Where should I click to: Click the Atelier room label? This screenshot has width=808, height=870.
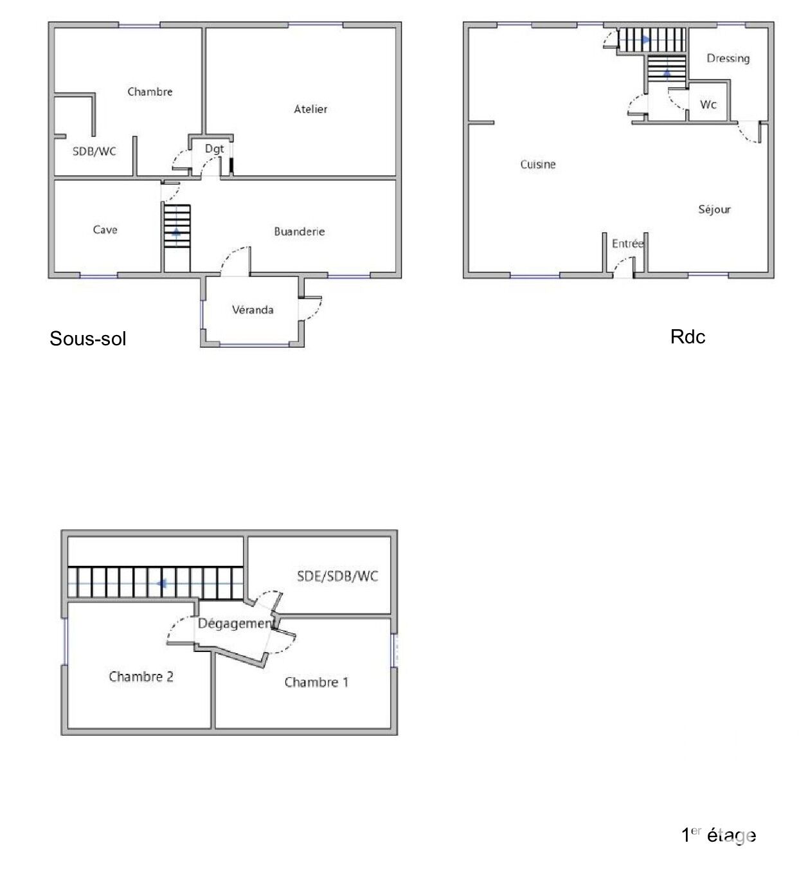click(310, 109)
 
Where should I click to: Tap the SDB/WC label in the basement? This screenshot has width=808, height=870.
click(94, 151)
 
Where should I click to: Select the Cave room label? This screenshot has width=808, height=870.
click(105, 230)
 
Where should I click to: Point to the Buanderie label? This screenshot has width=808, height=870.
click(299, 231)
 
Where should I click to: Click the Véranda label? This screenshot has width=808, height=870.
click(253, 310)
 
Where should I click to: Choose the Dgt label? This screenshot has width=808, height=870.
click(214, 149)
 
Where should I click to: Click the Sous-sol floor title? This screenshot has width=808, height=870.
click(87, 338)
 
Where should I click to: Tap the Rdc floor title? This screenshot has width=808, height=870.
click(688, 336)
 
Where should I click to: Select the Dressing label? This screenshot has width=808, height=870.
click(728, 59)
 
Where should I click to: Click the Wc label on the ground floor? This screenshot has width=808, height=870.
click(708, 105)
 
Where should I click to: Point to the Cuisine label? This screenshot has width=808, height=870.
click(538, 164)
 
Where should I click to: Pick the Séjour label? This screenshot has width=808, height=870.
click(714, 210)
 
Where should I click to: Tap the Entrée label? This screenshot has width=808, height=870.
click(627, 243)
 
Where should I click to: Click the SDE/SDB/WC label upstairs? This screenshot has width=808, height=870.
click(337, 576)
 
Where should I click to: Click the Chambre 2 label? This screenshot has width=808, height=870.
click(141, 676)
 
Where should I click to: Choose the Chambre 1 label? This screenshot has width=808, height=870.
click(316, 682)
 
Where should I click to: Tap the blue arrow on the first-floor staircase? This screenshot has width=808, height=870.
click(161, 583)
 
